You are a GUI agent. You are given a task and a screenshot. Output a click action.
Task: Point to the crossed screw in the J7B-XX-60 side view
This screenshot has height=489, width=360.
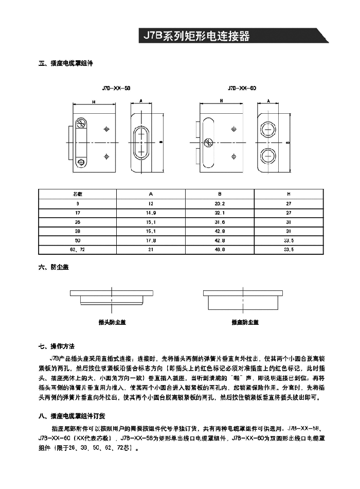(x=209, y=143)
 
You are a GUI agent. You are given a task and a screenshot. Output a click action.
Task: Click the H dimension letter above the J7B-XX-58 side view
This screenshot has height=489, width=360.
(x=94, y=102)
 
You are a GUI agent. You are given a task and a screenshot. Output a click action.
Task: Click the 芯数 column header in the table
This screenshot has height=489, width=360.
(x=78, y=194)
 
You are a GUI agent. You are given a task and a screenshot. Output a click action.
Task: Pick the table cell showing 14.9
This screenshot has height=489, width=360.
(x=151, y=213)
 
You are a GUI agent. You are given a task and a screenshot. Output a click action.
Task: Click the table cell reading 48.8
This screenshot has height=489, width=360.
(x=220, y=250)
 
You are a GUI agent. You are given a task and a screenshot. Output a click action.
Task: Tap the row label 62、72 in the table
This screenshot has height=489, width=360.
(x=78, y=250)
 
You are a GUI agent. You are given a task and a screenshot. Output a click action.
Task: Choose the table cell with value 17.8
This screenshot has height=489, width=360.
(x=151, y=240)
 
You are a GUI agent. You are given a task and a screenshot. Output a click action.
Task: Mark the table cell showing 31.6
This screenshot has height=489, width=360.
(x=220, y=222)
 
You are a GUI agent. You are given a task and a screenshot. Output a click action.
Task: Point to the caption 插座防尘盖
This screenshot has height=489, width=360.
(x=245, y=323)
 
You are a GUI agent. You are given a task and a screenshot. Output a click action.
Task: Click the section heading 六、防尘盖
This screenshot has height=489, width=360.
(x=54, y=268)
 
